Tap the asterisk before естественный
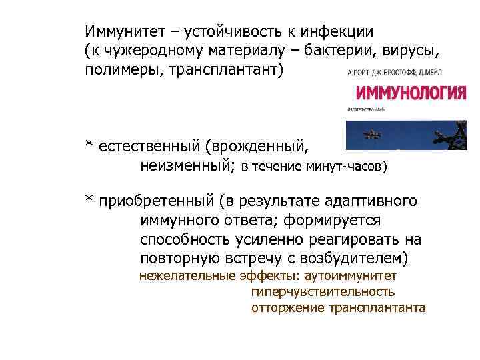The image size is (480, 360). pyautogui.click(x=89, y=145)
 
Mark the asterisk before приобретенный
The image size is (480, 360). pyautogui.click(x=89, y=201)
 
